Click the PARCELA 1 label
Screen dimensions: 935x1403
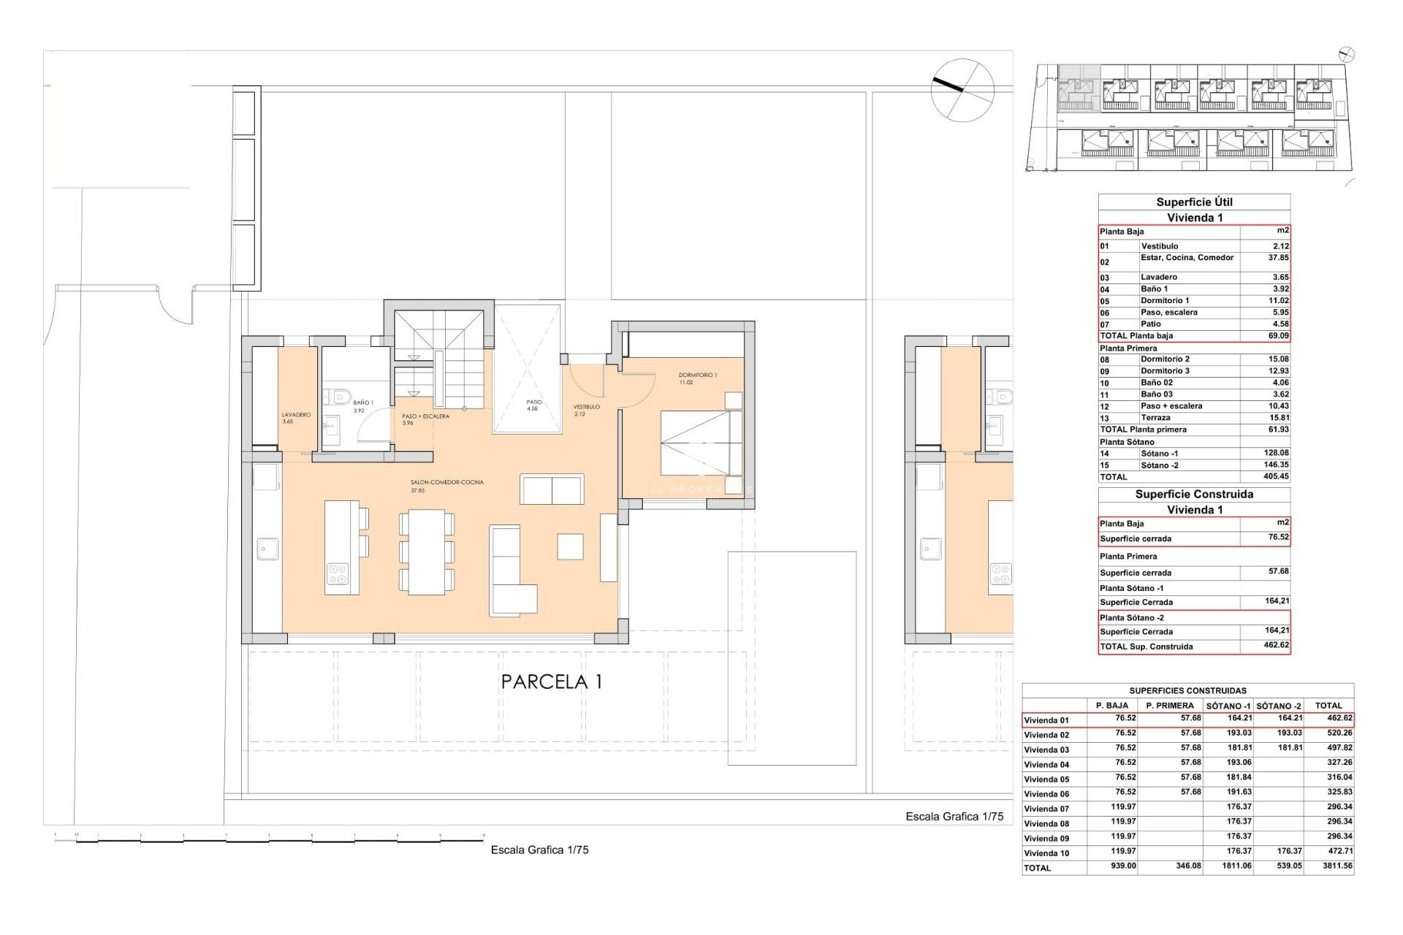pyautogui.click(x=552, y=682)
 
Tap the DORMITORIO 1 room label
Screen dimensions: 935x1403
pyautogui.click(x=697, y=375)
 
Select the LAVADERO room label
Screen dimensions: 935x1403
pyautogui.click(x=296, y=415)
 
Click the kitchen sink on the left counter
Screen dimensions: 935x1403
pyautogui.click(x=267, y=549)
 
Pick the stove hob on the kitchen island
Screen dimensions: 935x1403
pyautogui.click(x=337, y=573)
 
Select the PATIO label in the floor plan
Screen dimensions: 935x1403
pyautogui.click(x=534, y=402)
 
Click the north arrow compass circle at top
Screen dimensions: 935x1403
pyautogui.click(x=962, y=89)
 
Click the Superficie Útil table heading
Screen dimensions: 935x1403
pyautogui.click(x=1194, y=202)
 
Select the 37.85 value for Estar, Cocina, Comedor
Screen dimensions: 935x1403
pyautogui.click(x=1278, y=258)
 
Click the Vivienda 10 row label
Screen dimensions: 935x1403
pyautogui.click(x=1046, y=853)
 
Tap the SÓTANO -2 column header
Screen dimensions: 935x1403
pyautogui.click(x=1279, y=706)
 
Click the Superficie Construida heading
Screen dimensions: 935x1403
pyautogui.click(x=1194, y=495)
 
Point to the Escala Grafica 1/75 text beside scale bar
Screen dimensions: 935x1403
pyautogui.click(x=539, y=850)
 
